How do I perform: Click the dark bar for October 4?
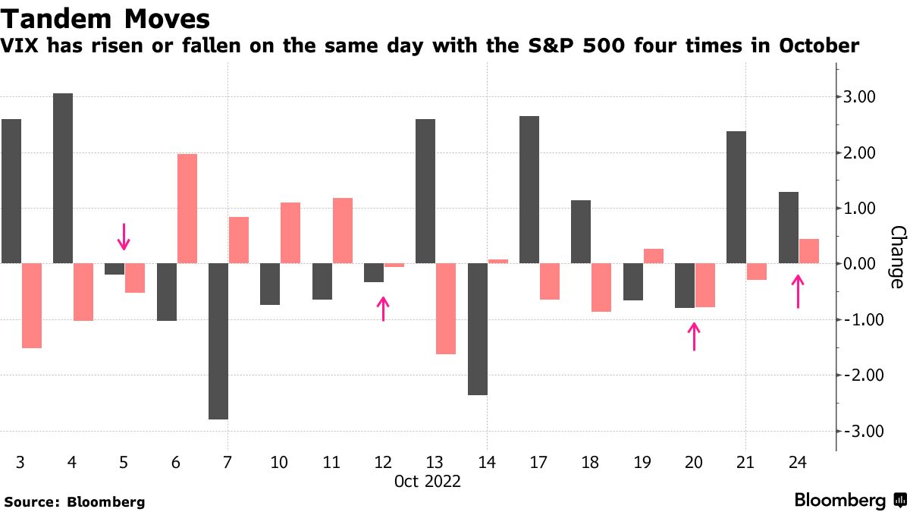pos(63,178)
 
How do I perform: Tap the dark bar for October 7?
pos(218,341)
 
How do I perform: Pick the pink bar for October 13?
pos(446,309)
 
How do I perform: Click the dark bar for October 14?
pos(478,329)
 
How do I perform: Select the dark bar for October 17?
pos(529,190)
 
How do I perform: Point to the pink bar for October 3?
pos(32,306)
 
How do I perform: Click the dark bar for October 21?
pos(736,197)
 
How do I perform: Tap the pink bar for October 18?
pos(601,287)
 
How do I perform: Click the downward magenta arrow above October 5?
pos(124,236)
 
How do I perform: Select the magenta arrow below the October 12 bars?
pos(384,309)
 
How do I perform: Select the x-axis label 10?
pos(280,461)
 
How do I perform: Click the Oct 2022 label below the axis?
pos(428,481)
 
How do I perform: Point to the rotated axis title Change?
pos(896,256)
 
